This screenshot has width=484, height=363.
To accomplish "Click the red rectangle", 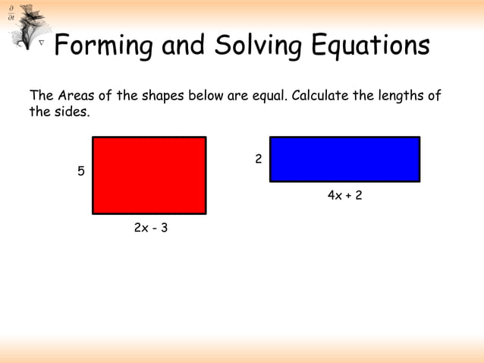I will (x=149, y=175).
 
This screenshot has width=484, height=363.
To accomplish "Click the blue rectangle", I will (x=344, y=159).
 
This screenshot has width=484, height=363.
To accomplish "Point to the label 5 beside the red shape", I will (x=81, y=172).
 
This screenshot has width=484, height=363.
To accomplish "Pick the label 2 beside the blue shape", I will (x=259, y=159).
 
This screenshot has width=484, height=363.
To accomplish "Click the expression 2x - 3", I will (x=150, y=228).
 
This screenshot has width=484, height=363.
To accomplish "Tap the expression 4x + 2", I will (x=344, y=196).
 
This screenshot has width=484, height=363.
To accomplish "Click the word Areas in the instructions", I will (x=78, y=96).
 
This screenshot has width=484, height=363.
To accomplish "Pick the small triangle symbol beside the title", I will (x=42, y=45).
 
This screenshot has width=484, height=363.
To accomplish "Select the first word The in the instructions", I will (x=41, y=96).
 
